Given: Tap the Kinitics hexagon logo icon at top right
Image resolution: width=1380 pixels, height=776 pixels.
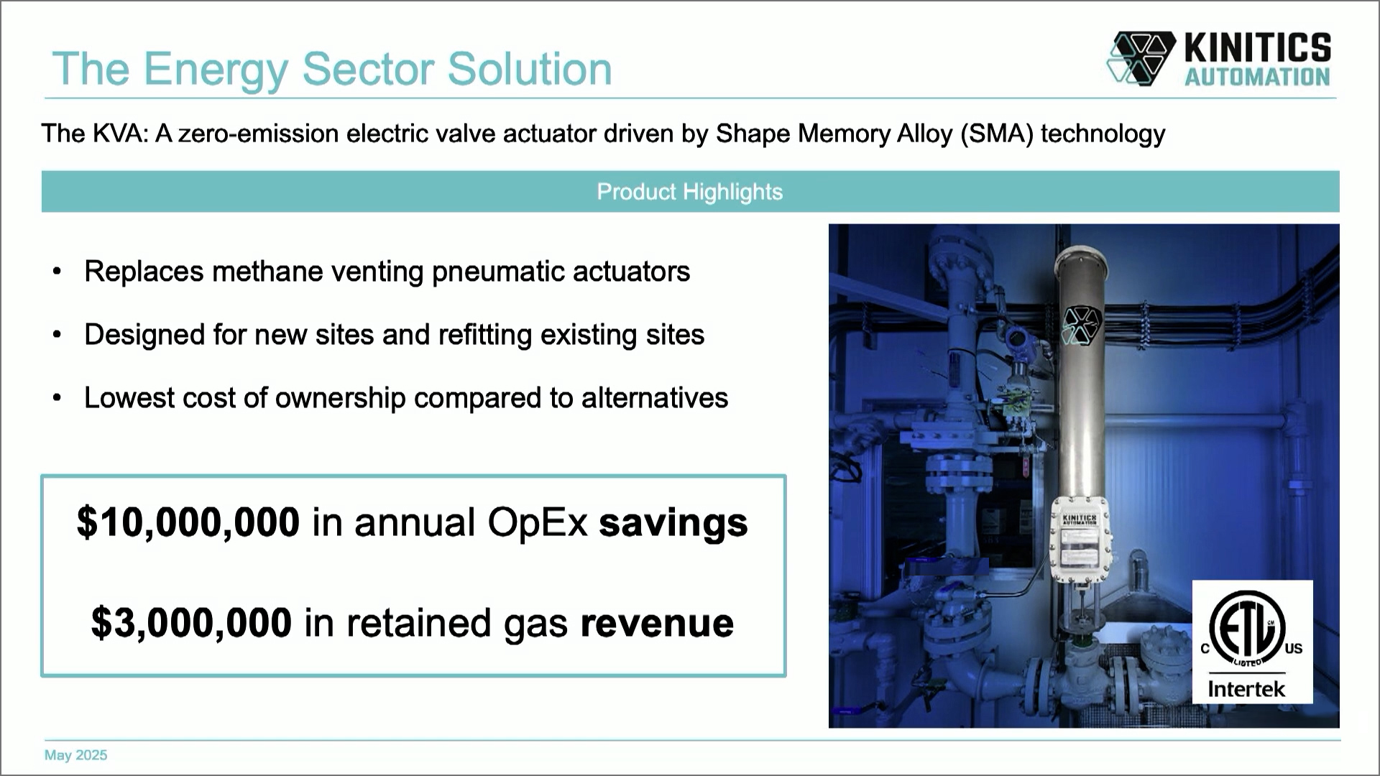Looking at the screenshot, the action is [1140, 57].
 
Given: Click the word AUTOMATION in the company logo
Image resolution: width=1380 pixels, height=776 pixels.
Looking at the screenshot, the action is [1257, 77].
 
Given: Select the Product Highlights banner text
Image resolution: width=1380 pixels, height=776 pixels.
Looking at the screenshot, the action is [689, 192].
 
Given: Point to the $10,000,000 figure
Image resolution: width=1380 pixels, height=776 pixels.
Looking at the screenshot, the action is [188, 522].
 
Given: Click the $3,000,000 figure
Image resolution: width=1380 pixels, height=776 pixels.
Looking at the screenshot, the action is [191, 622].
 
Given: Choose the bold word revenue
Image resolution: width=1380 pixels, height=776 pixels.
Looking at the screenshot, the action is [657, 623].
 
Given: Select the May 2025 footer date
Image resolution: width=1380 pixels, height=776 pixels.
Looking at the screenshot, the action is [75, 755].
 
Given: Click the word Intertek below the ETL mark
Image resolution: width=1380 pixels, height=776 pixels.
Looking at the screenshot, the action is [1246, 689].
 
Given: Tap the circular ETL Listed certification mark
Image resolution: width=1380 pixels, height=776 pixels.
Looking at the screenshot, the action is [1246, 627].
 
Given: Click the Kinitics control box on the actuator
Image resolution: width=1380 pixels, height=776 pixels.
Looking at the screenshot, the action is [1080, 540].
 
